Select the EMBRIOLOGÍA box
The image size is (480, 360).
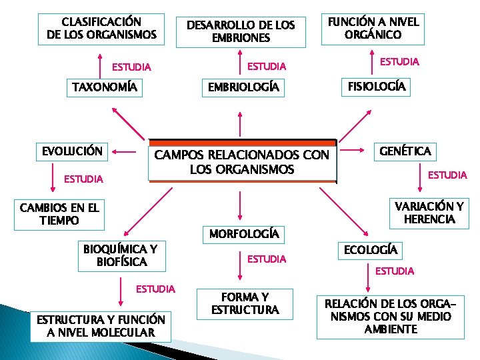tap(243, 87)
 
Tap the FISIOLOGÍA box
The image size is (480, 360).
tap(377, 87)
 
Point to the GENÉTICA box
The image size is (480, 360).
tap(405, 151)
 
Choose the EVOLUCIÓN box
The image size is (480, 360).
tap(72, 151)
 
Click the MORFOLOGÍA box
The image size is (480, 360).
tap(243, 234)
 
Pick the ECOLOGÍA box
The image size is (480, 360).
tap(370, 250)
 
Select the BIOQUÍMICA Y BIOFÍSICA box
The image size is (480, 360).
tap(121, 256)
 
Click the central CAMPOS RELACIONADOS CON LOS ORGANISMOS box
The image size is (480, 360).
tap(242, 162)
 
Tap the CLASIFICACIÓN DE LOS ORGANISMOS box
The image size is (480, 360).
tap(101, 28)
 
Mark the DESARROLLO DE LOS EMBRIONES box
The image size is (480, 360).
tap(241, 31)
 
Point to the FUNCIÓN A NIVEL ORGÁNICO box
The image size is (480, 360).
tap(373, 28)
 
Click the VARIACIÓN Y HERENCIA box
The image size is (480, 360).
tap(429, 212)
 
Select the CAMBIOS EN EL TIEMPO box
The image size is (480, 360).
tap(59, 214)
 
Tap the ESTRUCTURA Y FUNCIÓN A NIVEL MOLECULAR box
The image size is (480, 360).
tap(101, 326)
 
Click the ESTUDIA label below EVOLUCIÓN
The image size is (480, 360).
tap(83, 179)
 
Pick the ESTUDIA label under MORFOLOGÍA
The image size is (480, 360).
tap(267, 259)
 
